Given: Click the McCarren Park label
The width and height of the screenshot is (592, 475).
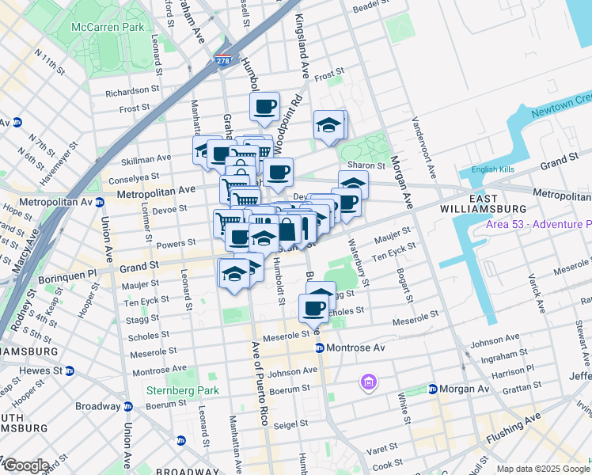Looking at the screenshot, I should [x=108, y=27].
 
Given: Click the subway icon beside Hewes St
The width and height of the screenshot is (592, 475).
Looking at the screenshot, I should [x=70, y=370].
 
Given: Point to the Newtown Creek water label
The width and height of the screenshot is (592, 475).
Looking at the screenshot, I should [x=561, y=105].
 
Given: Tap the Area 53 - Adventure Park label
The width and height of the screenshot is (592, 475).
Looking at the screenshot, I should [x=539, y=225].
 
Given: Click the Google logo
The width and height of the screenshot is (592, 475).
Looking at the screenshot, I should [x=25, y=465].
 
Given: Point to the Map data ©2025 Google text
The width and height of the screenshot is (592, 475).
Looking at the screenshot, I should [x=542, y=469].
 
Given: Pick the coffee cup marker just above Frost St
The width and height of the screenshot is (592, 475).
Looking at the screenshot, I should [x=265, y=106].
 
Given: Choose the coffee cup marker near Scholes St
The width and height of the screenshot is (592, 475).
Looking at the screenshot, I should [x=313, y=308].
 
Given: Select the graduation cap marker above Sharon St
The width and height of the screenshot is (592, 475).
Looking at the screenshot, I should [x=328, y=124].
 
